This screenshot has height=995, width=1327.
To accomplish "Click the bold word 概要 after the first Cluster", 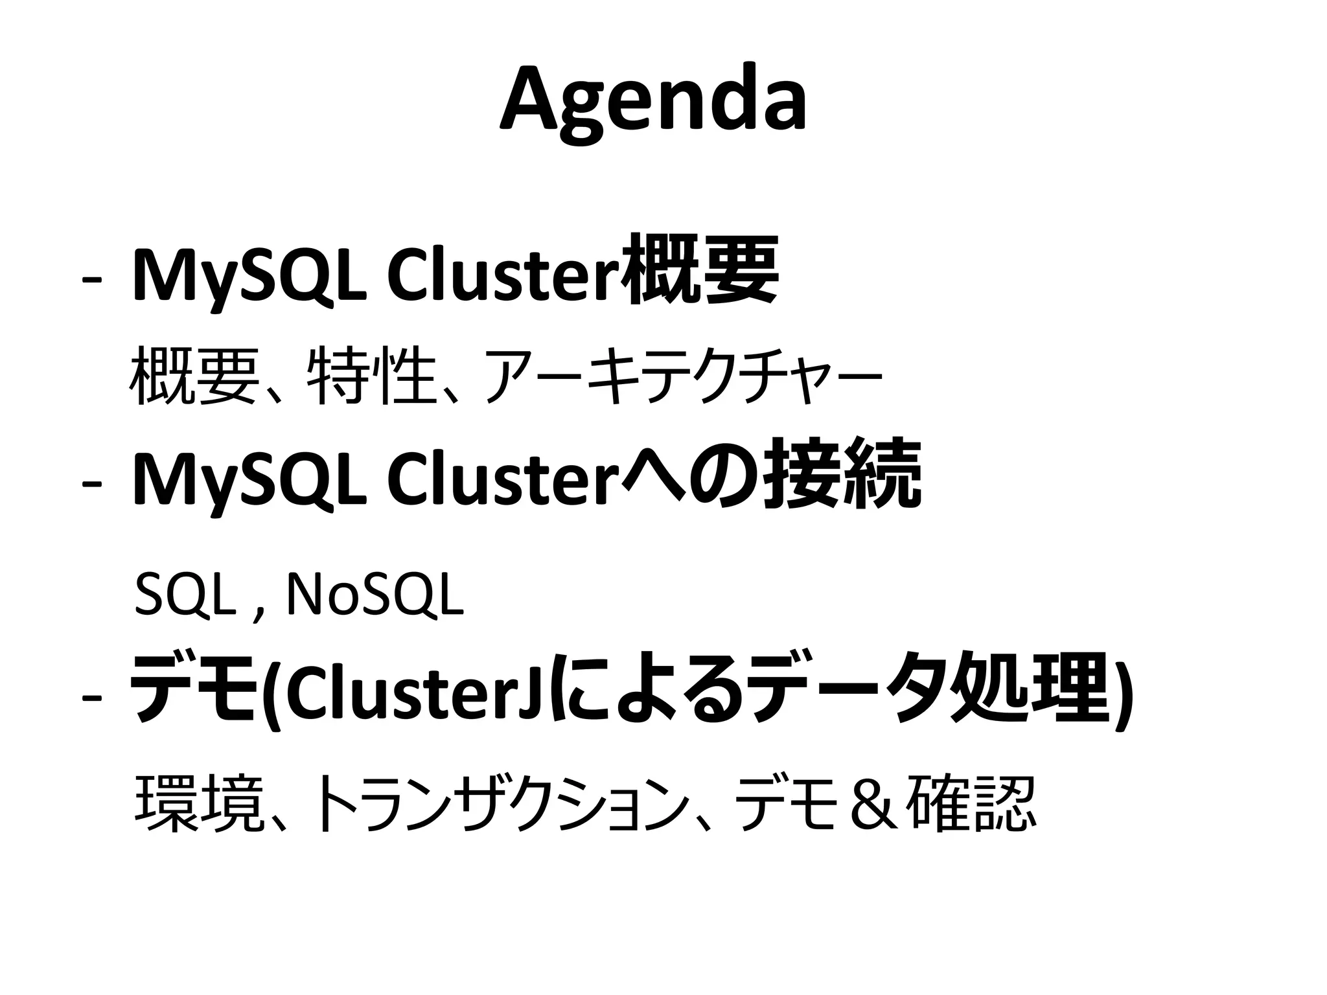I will point(698,270).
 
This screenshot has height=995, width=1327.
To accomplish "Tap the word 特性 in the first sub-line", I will point(370,375).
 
